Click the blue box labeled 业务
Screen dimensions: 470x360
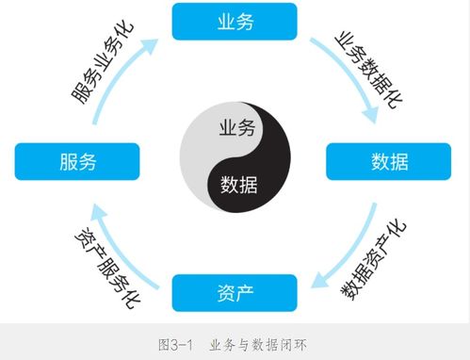[x=235, y=22]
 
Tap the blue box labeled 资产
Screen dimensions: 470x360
[x=235, y=290]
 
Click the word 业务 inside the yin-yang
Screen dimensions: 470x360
[x=236, y=129]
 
